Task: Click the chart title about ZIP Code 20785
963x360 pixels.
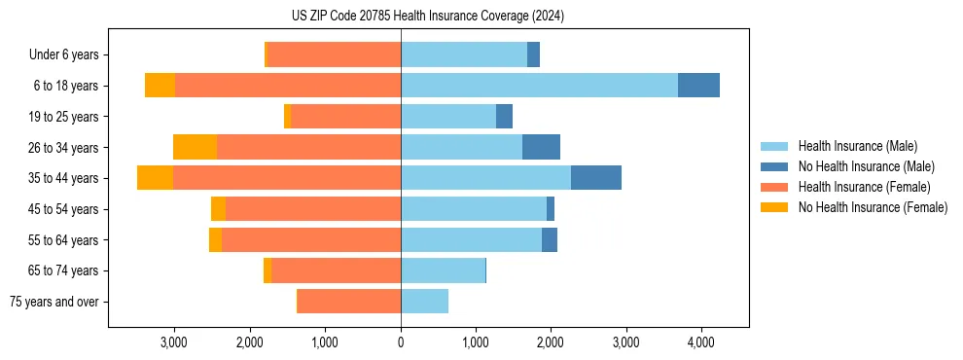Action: click(427, 17)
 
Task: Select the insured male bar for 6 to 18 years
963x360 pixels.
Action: click(539, 86)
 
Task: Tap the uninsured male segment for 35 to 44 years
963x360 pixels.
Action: click(595, 178)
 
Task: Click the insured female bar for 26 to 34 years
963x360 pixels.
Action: click(308, 147)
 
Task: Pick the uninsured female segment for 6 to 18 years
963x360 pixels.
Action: click(160, 86)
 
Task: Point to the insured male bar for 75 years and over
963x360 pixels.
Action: click(424, 302)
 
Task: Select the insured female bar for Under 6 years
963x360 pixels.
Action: click(334, 54)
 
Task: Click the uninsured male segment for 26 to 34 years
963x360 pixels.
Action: click(541, 147)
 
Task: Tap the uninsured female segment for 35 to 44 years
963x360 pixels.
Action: click(155, 178)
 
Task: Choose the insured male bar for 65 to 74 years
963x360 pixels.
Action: click(443, 270)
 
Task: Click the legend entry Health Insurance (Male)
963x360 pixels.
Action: click(857, 146)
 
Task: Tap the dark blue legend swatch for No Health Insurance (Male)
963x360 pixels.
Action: click(775, 166)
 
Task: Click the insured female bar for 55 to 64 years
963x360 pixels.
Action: click(311, 239)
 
